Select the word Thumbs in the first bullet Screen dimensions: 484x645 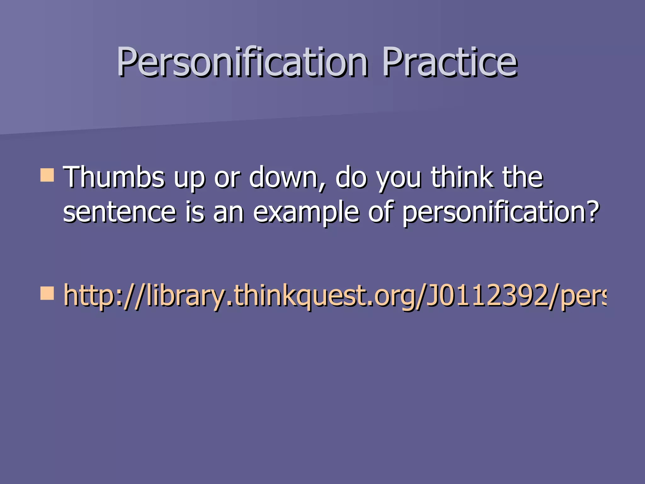point(114,177)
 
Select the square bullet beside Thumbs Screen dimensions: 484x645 point(47,175)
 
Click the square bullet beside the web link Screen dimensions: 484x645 point(47,293)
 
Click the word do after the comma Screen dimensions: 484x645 point(351,177)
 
